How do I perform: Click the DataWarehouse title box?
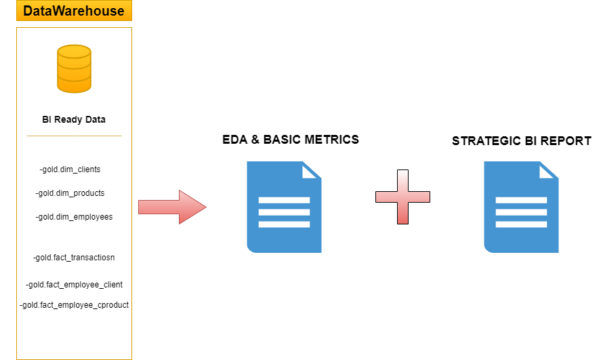[74, 10]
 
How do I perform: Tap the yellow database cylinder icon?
[74, 68]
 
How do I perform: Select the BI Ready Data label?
[74, 119]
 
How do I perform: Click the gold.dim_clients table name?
[70, 169]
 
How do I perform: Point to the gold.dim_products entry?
[70, 193]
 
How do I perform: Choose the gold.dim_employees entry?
[74, 217]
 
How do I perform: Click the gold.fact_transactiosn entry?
[74, 258]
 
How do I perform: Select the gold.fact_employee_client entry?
[74, 285]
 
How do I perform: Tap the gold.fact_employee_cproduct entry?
[74, 305]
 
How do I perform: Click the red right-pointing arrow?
[172, 207]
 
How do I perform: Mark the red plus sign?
[402, 197]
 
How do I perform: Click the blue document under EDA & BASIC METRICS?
[284, 207]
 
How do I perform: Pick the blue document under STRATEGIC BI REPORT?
[521, 207]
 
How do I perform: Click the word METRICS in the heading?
[331, 140]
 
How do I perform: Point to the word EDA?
[235, 140]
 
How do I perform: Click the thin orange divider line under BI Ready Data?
[74, 136]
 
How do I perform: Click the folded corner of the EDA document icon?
[312, 170]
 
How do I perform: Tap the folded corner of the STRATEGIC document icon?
[549, 170]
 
